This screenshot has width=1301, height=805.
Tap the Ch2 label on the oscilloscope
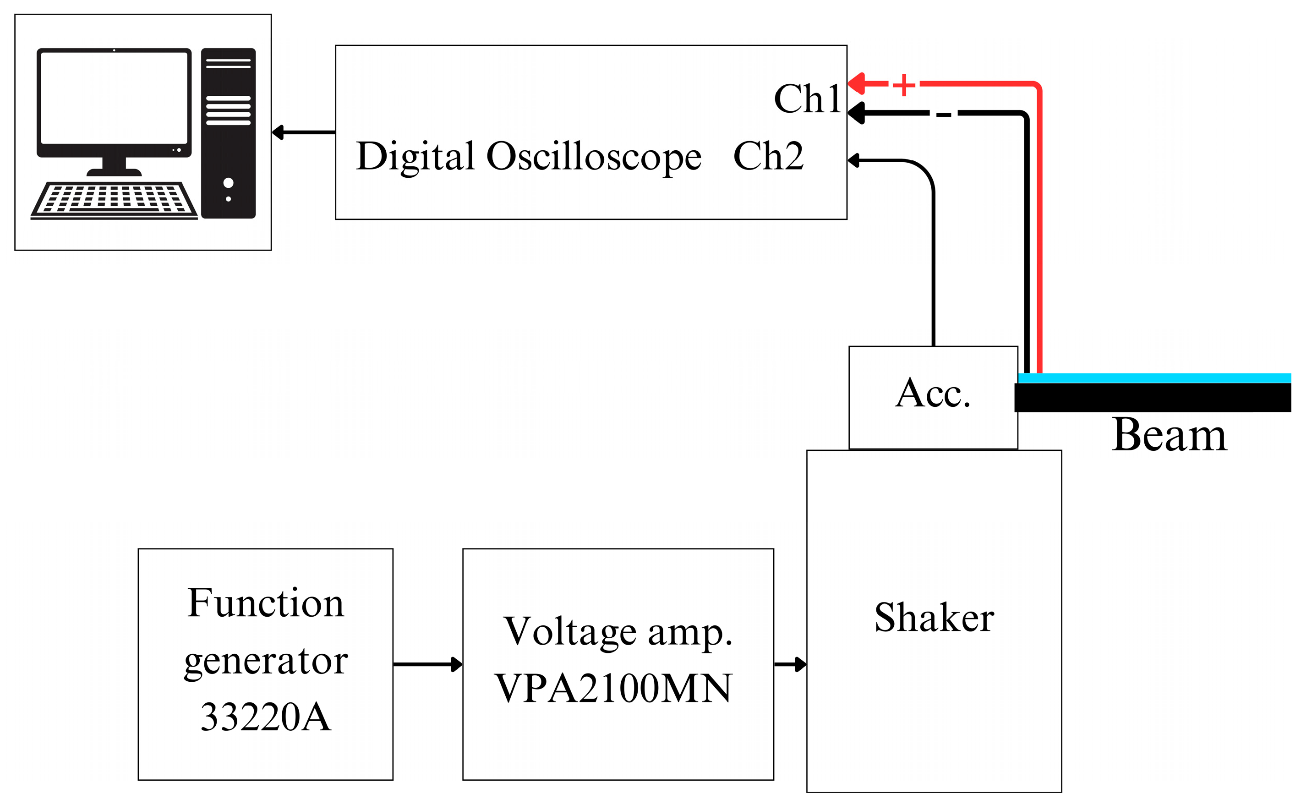coord(768,156)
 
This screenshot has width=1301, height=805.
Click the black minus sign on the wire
coord(943,115)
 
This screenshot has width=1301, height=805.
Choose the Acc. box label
coord(933,394)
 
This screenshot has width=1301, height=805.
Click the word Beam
coord(1169,436)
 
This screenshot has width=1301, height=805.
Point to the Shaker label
coord(934,618)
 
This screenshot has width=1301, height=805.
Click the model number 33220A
coord(265,717)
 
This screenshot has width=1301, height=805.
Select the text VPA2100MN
coord(613,689)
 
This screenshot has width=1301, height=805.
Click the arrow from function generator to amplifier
coord(427,664)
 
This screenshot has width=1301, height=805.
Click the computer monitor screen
coord(114,98)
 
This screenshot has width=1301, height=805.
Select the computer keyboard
coord(114,200)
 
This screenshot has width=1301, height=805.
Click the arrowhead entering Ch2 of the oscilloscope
coord(854,160)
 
